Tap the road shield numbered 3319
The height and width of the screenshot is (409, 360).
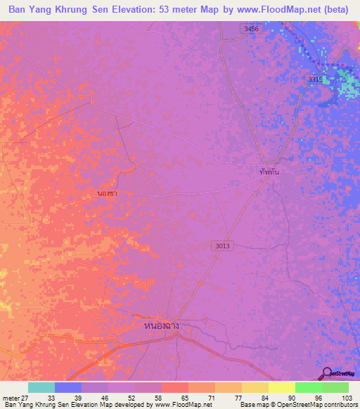click(x=314, y=80)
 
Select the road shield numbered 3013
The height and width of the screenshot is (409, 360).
click(x=221, y=245)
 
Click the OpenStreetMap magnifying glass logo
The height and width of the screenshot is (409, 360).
click(x=327, y=373)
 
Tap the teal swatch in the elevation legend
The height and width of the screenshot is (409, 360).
click(x=41, y=387)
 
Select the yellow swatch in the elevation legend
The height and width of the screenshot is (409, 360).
click(x=281, y=387)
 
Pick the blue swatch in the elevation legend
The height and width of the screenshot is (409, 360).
click(x=68, y=387)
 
